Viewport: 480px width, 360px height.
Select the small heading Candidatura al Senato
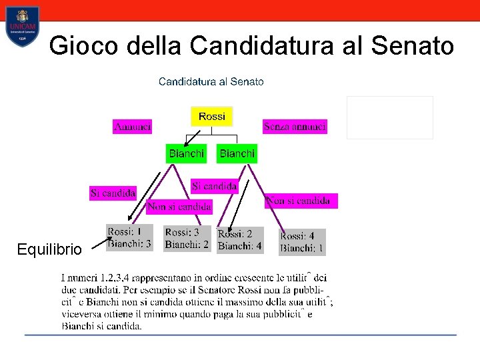pos(211,81)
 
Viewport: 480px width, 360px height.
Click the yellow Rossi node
pos(211,117)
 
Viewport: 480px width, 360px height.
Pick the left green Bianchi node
pos(186,153)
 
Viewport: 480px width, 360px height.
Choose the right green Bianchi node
pos(237,153)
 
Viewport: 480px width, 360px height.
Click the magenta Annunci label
pos(132,126)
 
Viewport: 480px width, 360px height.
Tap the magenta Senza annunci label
pos(295,126)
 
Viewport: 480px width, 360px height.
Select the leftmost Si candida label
pos(113,193)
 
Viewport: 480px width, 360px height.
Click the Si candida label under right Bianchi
pos(214,186)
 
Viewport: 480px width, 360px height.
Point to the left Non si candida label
pos(179,207)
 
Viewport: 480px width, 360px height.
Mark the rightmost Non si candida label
pos(301,201)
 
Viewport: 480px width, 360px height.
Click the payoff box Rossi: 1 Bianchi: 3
pos(129,238)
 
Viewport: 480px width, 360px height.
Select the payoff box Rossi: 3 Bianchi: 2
pos(187,239)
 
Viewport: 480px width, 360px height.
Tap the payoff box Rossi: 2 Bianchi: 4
pos(240,240)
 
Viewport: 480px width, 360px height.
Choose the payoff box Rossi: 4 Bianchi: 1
pos(302,242)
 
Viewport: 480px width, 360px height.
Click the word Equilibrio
pos(49,250)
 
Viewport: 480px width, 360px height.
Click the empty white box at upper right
pos(389,117)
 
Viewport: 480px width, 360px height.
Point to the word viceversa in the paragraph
pos(84,314)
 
